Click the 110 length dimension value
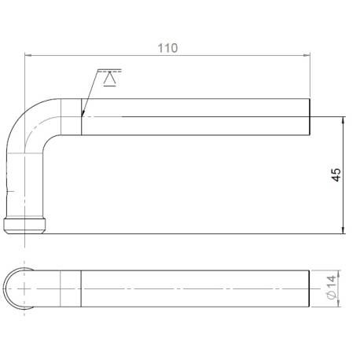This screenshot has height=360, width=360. [167, 48]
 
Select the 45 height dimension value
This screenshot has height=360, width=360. [336, 174]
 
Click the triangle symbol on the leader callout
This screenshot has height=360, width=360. [108, 79]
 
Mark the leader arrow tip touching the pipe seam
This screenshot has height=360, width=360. [83, 116]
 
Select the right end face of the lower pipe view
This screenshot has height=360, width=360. [307, 289]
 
